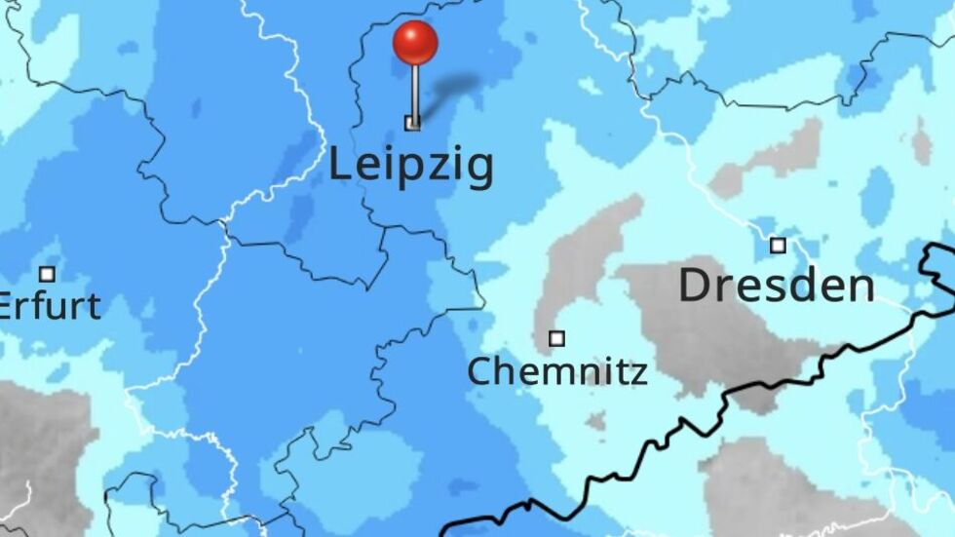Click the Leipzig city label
(410, 166)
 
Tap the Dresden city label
(776, 287)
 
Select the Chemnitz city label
(556, 371)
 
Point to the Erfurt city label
(49, 306)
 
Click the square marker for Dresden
(778, 246)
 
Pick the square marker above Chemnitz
(556, 339)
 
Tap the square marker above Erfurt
(47, 274)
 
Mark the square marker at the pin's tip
(412, 123)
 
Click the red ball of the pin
(415, 43)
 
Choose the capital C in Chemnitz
(477, 371)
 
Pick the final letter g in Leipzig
(479, 170)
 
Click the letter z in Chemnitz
(639, 373)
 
